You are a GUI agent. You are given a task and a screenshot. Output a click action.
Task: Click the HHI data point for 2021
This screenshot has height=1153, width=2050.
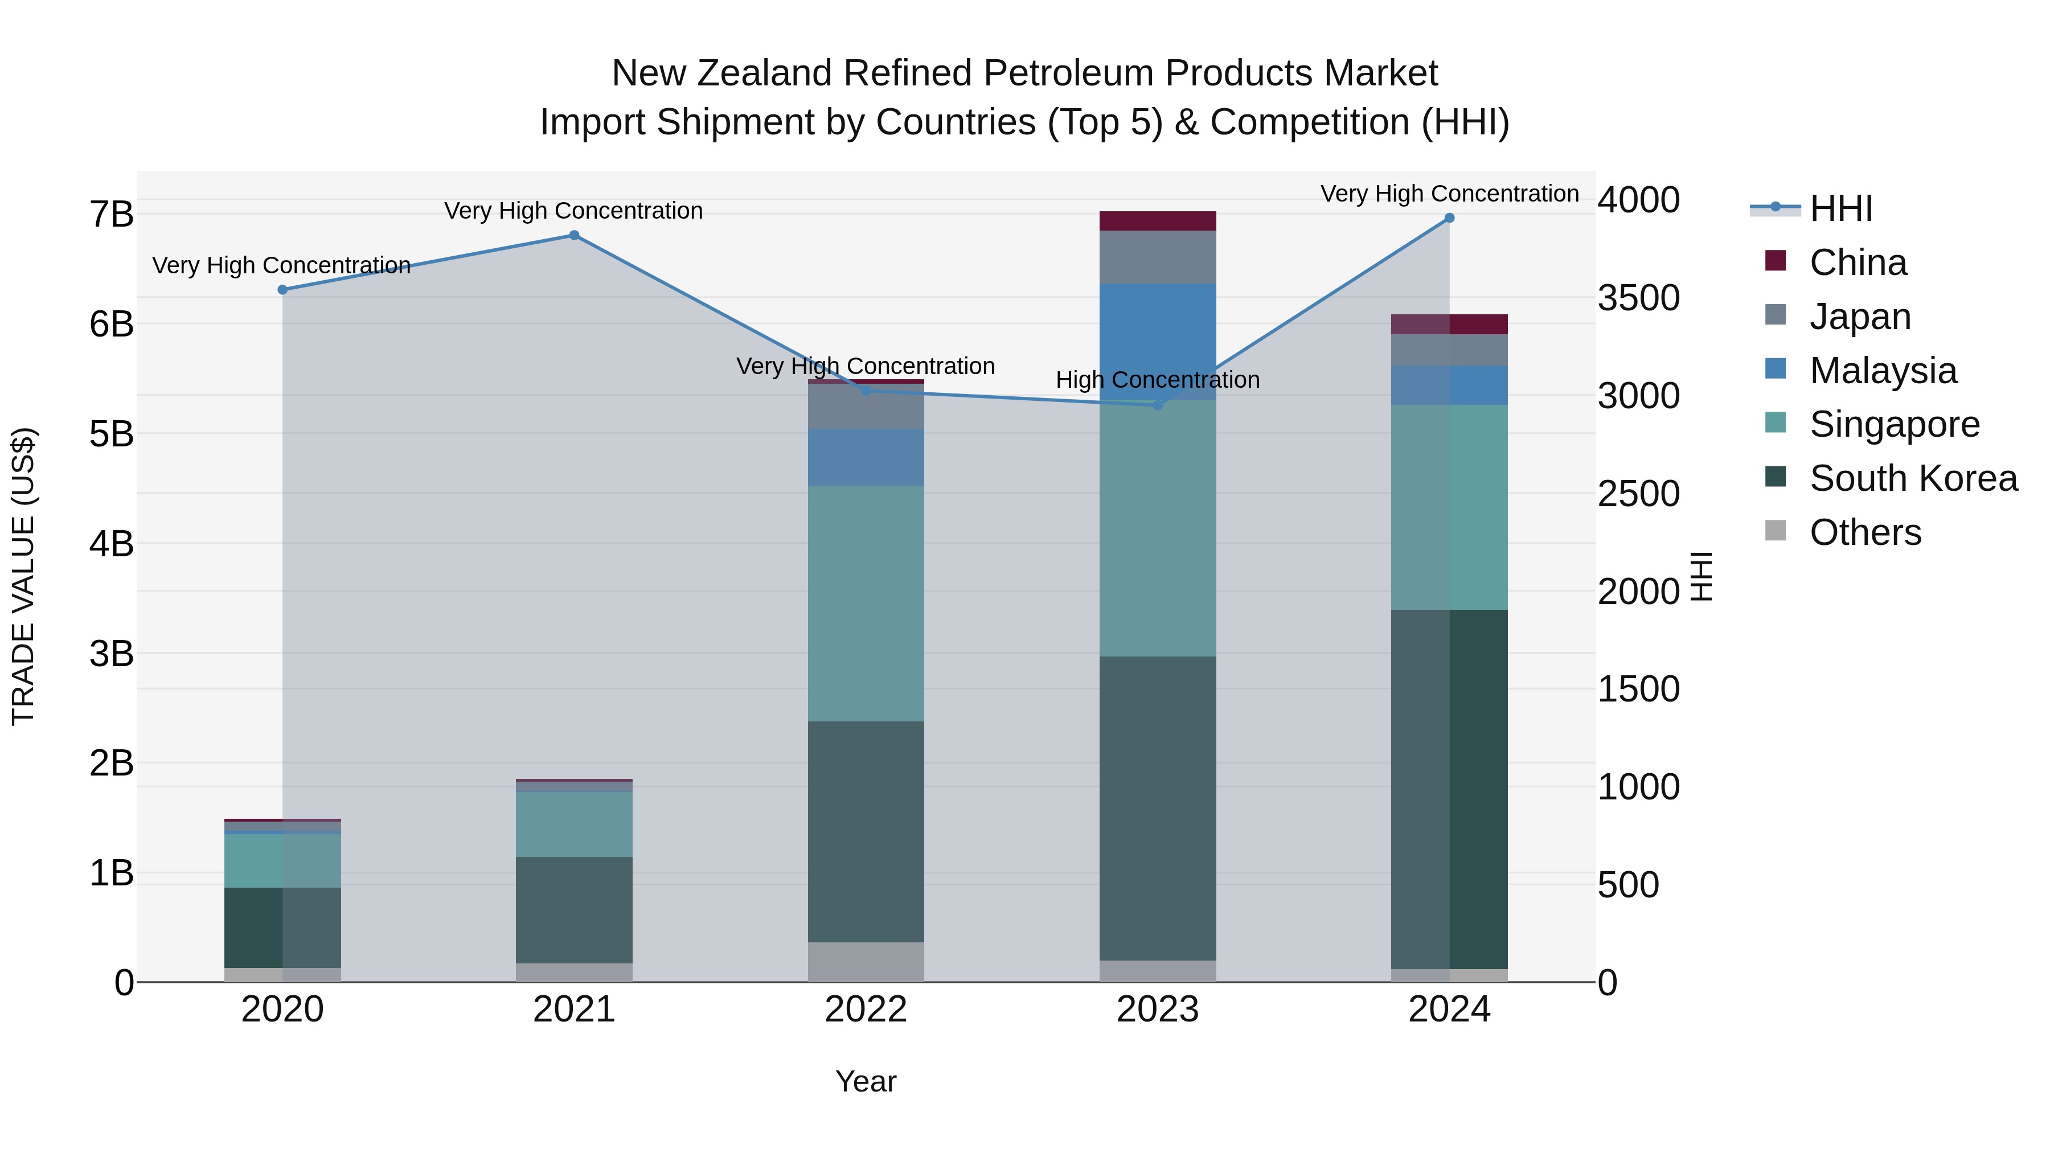tap(574, 236)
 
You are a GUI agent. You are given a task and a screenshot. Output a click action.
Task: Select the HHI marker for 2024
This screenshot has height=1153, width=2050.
tap(1449, 218)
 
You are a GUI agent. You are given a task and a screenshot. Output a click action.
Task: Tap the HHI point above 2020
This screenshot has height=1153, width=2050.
tap(282, 290)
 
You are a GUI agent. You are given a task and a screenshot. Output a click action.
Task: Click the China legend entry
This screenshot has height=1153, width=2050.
tap(1858, 262)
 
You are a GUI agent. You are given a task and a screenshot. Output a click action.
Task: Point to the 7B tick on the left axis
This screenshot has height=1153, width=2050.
tap(112, 215)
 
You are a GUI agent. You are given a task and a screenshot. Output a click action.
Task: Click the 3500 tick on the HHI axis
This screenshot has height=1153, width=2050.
tap(1638, 298)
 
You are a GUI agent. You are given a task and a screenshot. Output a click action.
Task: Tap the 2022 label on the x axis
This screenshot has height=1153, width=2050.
tap(866, 1010)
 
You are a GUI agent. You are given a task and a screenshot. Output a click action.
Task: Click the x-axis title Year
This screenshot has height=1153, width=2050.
tap(866, 1081)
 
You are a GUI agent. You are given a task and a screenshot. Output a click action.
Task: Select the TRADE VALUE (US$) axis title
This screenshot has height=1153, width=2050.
tap(24, 576)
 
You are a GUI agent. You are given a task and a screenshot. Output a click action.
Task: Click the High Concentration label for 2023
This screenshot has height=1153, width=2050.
tap(1157, 380)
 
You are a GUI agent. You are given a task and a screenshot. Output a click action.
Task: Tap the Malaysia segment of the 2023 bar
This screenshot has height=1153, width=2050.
tap(1158, 342)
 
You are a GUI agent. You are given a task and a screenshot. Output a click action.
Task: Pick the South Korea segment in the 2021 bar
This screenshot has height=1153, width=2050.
tap(574, 909)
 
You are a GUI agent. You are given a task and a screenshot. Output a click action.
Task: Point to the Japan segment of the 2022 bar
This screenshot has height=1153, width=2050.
tap(866, 407)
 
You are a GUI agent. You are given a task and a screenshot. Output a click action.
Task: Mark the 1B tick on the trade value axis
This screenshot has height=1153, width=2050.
tap(112, 873)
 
